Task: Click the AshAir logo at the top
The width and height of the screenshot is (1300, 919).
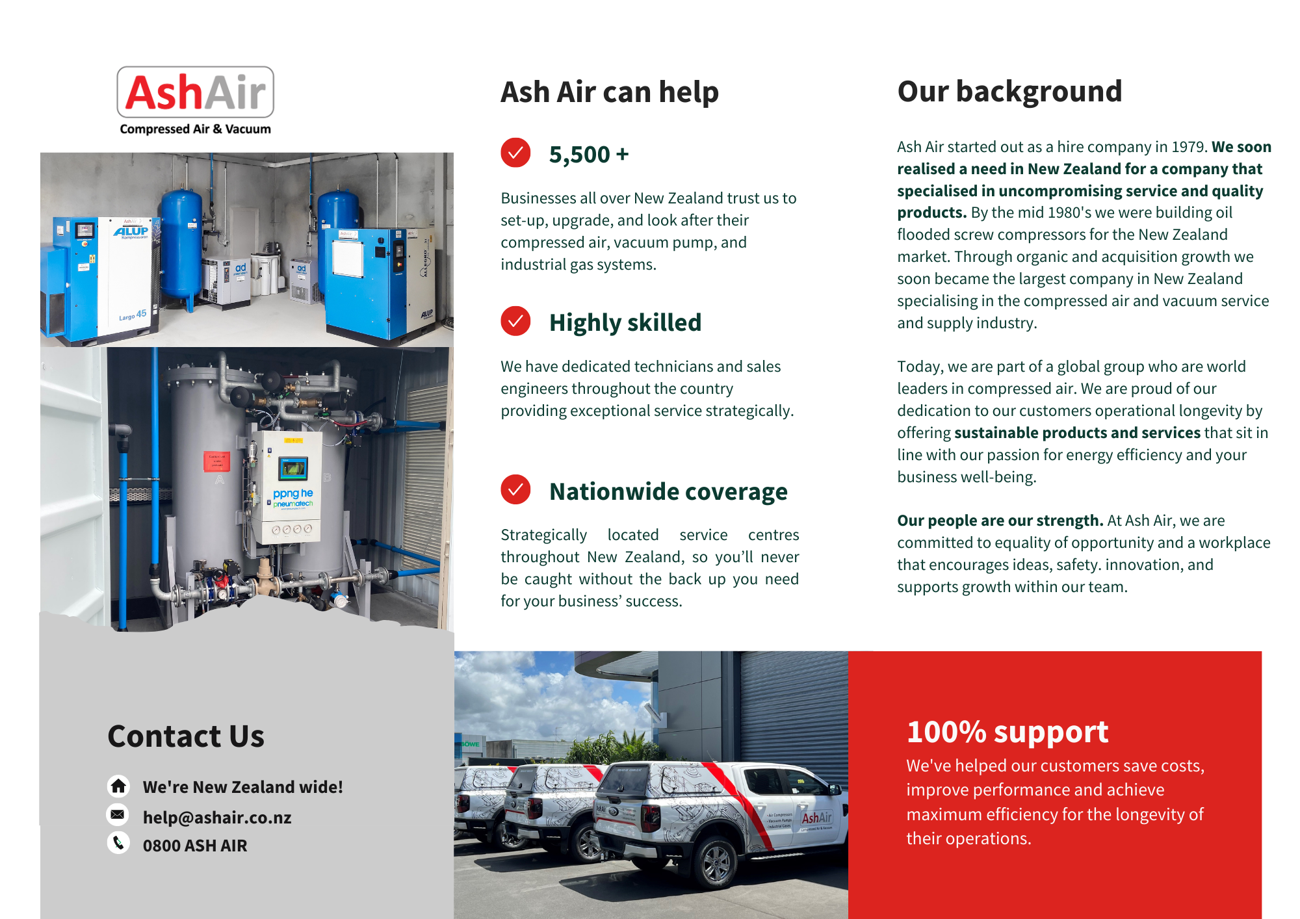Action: pos(195,101)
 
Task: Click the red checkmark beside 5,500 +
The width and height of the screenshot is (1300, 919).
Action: pos(515,153)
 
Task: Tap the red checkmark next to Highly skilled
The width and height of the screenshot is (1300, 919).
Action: pos(515,321)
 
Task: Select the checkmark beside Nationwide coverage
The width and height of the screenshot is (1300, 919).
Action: pos(515,489)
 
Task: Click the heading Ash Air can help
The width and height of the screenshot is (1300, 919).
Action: pos(610,92)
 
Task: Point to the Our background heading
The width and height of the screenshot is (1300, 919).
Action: pos(1009,92)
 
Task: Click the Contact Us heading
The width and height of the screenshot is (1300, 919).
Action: pos(186,736)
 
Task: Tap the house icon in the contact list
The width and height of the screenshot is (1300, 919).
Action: pos(118,786)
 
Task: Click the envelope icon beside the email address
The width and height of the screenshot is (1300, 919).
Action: pos(118,814)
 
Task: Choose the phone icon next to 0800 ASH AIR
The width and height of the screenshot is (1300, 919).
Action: pos(118,843)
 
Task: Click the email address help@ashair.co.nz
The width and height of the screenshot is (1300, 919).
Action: pos(217,818)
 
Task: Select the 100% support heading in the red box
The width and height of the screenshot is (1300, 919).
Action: pos(1007,732)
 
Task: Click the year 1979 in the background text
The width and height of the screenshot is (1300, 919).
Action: pos(1189,147)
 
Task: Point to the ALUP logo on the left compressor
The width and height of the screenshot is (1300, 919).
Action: pos(131,231)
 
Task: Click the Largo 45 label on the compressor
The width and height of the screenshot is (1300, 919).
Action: pos(133,315)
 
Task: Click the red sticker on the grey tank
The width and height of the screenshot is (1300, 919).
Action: pos(216,461)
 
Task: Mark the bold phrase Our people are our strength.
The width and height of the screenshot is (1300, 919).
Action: pos(1000,521)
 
